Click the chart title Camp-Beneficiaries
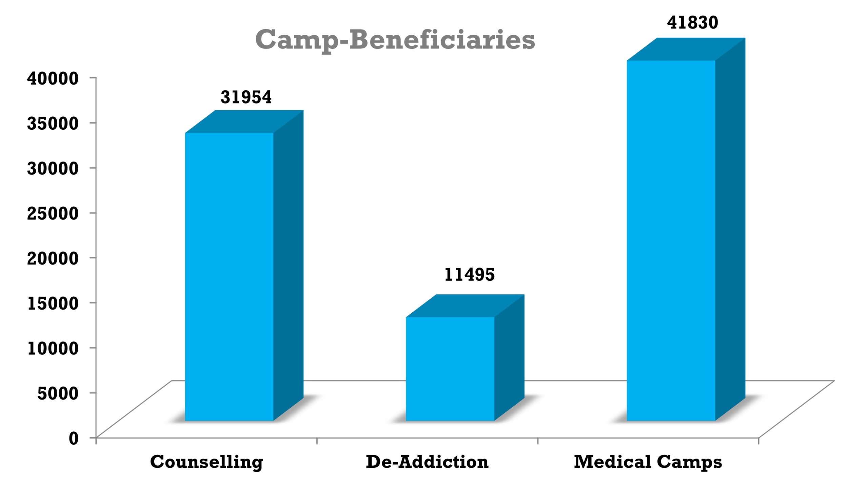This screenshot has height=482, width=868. [395, 40]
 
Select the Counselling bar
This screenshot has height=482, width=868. [229, 277]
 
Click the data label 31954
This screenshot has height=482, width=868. [246, 97]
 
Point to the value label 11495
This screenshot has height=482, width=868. [470, 275]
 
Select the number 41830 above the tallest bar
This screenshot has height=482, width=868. [693, 23]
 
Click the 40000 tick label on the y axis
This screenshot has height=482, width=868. [53, 78]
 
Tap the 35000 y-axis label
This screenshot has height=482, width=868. [53, 123]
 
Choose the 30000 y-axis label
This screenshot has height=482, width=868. [53, 168]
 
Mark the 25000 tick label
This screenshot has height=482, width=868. [53, 213]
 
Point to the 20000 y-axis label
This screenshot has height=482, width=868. [53, 258]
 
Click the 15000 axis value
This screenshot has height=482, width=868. [53, 303]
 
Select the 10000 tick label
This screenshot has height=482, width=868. [53, 348]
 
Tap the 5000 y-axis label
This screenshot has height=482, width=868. [58, 393]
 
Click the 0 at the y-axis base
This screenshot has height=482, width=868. [74, 438]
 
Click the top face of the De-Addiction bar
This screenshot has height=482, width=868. [465, 306]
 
